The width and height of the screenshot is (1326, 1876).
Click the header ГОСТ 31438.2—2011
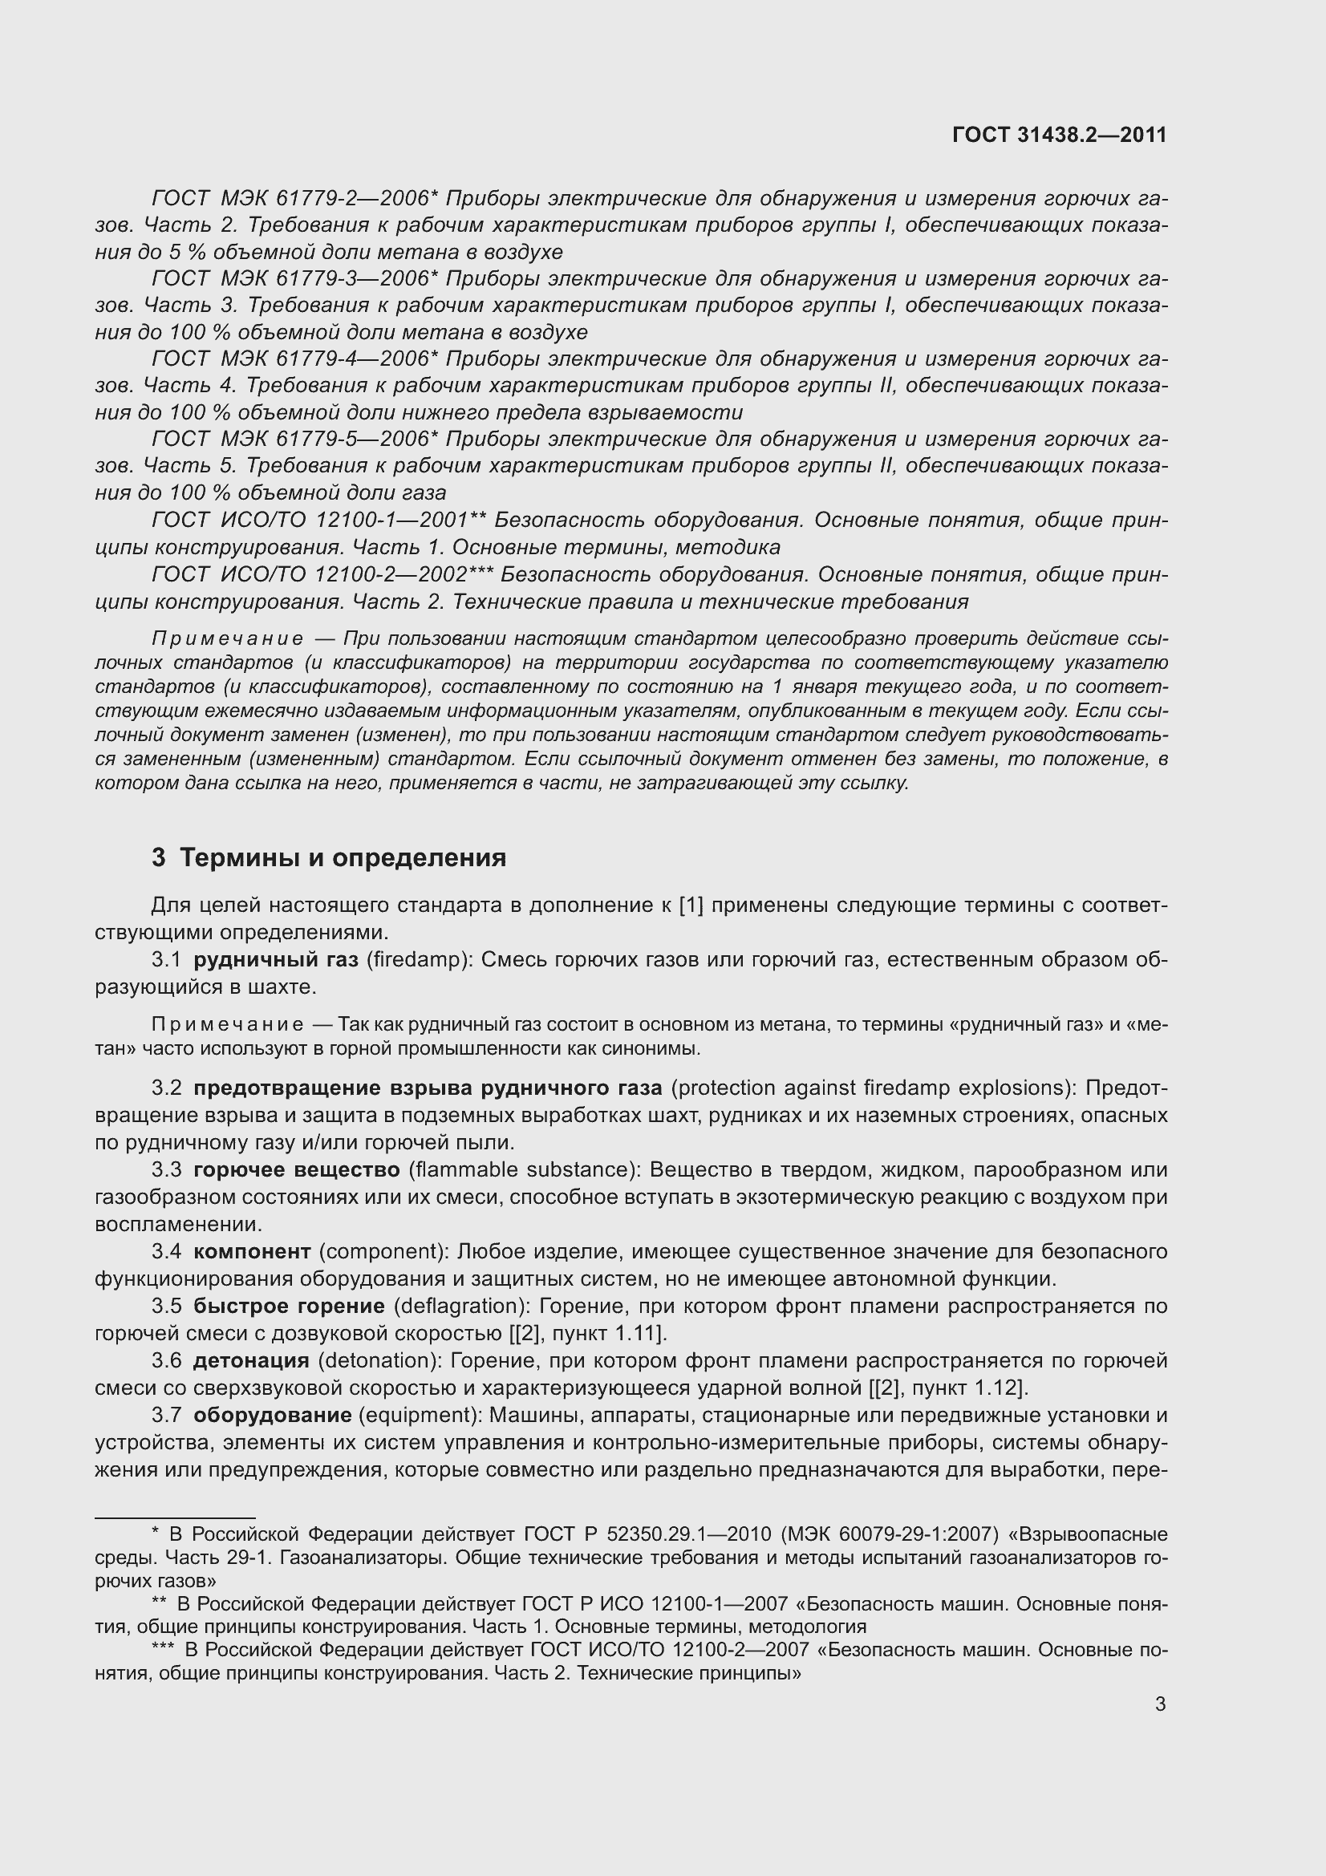[1059, 135]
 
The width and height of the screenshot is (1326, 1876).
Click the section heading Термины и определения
[343, 858]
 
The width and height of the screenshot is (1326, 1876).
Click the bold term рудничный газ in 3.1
[275, 960]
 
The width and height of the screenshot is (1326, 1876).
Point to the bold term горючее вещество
[297, 1170]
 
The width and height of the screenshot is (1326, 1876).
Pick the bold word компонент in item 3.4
[253, 1252]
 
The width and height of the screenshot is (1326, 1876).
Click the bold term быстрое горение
[290, 1307]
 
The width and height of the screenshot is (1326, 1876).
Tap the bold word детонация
[251, 1360]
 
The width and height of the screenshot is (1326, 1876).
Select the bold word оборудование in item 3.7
[273, 1415]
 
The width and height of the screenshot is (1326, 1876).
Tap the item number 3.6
[167, 1360]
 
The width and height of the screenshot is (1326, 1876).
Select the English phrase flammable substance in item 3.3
[524, 1170]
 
